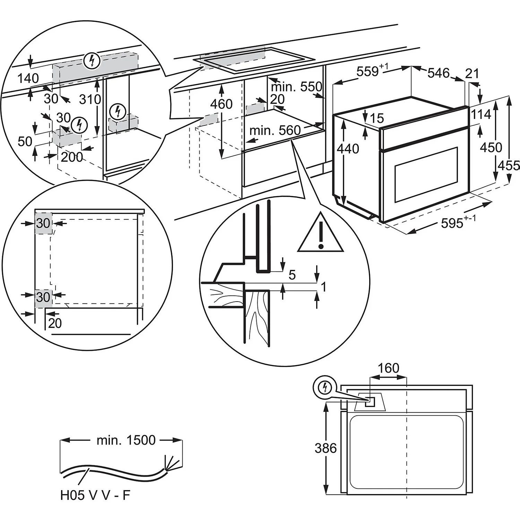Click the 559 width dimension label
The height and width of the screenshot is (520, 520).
click(x=367, y=71)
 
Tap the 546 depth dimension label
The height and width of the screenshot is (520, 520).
click(x=439, y=73)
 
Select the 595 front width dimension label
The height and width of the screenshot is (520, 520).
click(x=452, y=223)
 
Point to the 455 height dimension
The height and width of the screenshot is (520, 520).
click(x=509, y=165)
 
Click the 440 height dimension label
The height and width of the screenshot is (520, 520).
click(x=348, y=149)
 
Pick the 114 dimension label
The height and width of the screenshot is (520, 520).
click(x=481, y=114)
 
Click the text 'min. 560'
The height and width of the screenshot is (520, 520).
click(x=275, y=130)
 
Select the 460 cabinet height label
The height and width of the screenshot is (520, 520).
click(x=221, y=104)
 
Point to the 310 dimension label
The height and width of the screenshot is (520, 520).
click(x=90, y=99)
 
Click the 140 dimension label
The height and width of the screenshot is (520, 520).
click(x=28, y=78)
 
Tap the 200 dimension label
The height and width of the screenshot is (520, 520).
click(x=72, y=157)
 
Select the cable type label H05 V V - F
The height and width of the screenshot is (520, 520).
click(x=95, y=495)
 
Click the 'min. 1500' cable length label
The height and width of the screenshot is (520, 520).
click(x=126, y=440)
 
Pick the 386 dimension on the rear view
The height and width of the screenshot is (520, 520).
click(x=326, y=448)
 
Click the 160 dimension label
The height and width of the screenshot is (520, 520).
click(x=388, y=368)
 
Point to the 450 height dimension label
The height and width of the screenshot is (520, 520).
click(x=491, y=147)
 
